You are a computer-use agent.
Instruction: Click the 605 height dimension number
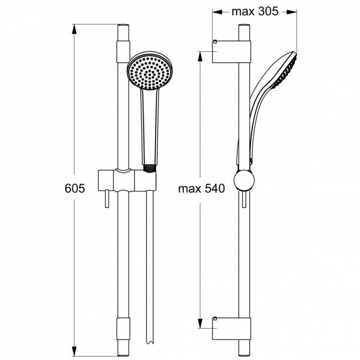[74, 189]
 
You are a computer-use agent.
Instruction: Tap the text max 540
[202, 189]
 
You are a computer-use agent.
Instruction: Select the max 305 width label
[254, 12]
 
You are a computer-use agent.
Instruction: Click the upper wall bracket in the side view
[232, 51]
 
